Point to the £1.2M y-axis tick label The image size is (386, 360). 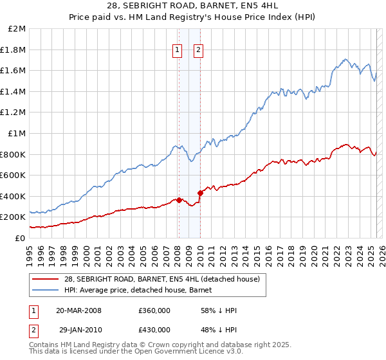pyautogui.click(x=14, y=113)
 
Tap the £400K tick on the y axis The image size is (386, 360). pyautogui.click(x=14, y=196)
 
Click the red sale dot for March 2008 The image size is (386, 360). pyautogui.click(x=179, y=200)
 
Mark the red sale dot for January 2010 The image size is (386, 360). pyautogui.click(x=200, y=192)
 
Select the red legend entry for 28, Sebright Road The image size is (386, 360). pyautogui.click(x=161, y=279)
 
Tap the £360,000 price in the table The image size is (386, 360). pyautogui.click(x=154, y=310)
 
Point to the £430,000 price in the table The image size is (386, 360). pyautogui.click(x=154, y=330)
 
